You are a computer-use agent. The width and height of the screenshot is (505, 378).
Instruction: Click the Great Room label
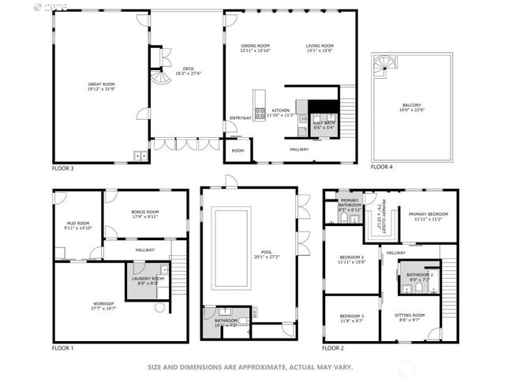point(102,86)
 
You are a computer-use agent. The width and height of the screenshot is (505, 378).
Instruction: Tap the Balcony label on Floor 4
point(411,107)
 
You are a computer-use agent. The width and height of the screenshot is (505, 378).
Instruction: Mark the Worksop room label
point(103,306)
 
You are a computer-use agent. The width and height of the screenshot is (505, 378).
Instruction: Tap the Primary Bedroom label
point(428,217)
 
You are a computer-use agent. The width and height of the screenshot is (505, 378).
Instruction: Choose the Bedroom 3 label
point(351,318)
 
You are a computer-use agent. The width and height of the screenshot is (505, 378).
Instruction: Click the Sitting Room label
point(410,318)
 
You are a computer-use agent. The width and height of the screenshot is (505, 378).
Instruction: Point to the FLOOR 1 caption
point(62,347)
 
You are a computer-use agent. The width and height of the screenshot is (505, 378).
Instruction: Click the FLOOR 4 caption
point(382,167)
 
